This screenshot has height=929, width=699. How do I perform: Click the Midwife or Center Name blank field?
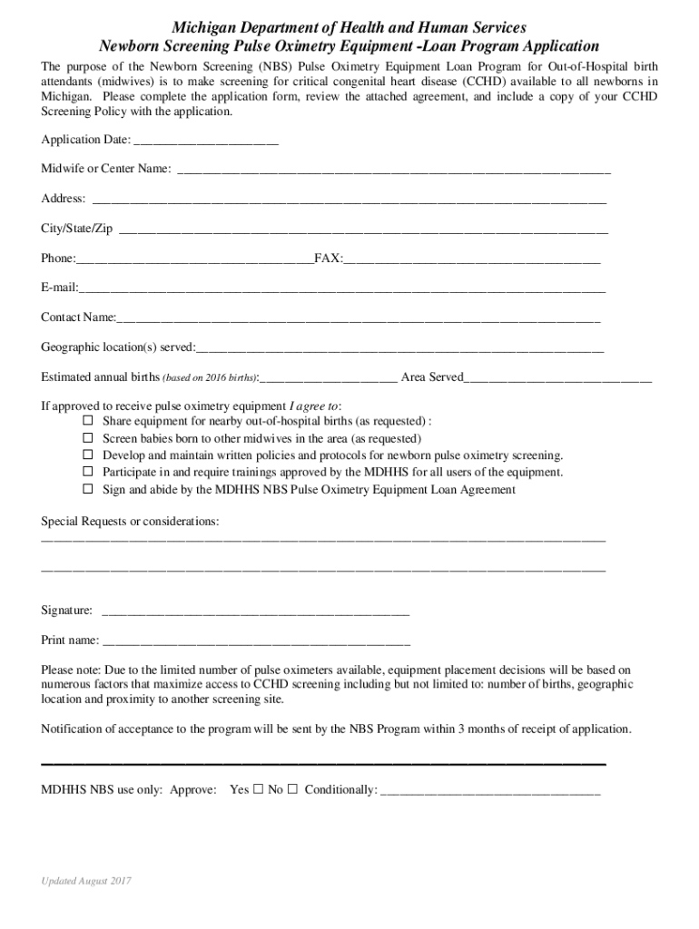(393, 171)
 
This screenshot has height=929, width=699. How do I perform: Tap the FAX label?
(328, 259)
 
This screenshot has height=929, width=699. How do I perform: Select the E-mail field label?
(59, 288)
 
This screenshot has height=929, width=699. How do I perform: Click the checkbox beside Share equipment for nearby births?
(88, 421)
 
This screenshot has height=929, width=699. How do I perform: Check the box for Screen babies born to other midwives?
(88, 438)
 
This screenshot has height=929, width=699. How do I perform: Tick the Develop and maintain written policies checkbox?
(88, 455)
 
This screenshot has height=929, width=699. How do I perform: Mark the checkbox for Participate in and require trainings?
(88, 472)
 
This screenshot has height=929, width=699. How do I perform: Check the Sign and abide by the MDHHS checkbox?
(88, 489)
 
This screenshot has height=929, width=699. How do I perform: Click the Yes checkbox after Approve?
(258, 789)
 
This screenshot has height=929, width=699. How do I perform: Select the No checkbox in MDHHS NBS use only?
(292, 789)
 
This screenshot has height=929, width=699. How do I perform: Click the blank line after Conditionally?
(490, 791)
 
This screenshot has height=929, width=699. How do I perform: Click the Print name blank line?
(256, 641)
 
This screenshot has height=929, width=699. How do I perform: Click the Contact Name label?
(78, 318)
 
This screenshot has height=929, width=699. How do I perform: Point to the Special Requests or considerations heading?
(130, 522)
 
